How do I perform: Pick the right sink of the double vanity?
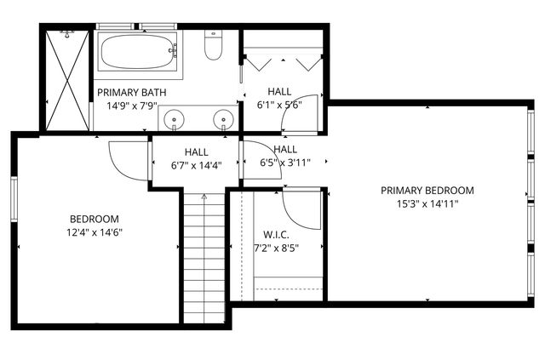(x=225, y=119)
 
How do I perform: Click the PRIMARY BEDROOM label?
(x=427, y=191)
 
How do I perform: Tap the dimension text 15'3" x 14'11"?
(x=427, y=204)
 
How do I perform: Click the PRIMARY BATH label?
(x=131, y=92)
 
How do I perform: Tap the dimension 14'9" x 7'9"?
(x=131, y=106)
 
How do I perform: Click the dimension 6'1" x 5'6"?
(x=279, y=106)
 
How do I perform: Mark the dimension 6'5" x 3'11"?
(x=284, y=162)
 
